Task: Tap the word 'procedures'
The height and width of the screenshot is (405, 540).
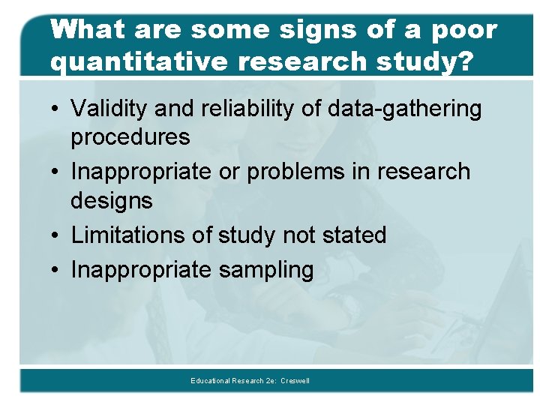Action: (130, 138)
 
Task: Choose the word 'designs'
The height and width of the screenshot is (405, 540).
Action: (112, 201)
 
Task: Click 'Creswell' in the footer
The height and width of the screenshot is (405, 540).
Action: (294, 381)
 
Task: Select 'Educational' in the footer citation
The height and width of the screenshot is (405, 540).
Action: (211, 381)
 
